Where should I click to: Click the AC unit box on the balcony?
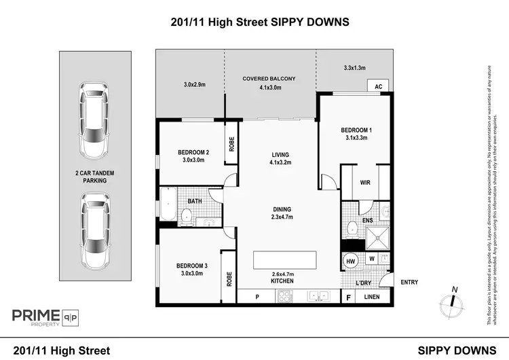[x=378, y=86]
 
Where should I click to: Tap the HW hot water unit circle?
[x=351, y=261]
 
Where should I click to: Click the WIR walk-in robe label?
[x=365, y=183]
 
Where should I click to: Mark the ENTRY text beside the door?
[x=409, y=283]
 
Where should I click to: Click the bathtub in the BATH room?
[x=166, y=204]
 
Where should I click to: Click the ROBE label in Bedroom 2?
[x=231, y=141]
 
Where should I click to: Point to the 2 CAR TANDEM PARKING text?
[x=94, y=177]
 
